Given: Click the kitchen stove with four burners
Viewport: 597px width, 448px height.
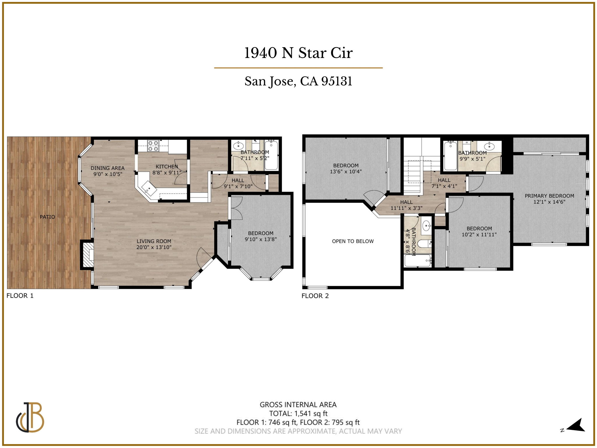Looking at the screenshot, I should [153, 146].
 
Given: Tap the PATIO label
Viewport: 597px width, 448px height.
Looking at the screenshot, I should [47, 217].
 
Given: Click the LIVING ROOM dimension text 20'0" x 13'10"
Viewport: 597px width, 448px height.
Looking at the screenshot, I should [154, 247].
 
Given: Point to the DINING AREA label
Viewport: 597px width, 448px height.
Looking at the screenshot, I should [107, 168].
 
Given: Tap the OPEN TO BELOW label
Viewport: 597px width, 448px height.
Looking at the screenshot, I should [353, 241].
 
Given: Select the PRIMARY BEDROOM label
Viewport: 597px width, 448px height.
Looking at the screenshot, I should [549, 196].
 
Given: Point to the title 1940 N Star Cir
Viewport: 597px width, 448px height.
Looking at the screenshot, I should [298, 53].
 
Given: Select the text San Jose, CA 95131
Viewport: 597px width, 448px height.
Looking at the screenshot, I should [298, 81].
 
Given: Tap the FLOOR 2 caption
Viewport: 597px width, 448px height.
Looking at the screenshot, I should [315, 296].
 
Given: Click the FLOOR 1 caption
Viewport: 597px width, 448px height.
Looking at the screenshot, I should [20, 295].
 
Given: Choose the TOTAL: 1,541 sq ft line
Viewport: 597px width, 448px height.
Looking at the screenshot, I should [298, 413].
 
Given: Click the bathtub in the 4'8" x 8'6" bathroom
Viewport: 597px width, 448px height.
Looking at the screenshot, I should [418, 260].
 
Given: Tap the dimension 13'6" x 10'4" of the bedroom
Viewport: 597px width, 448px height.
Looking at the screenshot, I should [346, 171].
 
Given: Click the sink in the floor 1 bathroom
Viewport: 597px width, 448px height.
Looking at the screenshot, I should [238, 146].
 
